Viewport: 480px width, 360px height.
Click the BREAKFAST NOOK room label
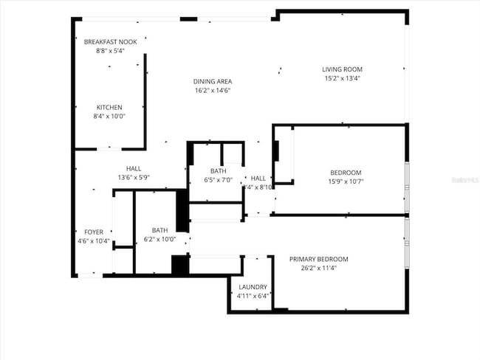(x=110, y=42)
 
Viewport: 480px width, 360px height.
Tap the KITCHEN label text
(x=109, y=108)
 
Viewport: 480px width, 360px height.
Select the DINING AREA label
(x=213, y=82)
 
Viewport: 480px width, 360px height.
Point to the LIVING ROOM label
(x=342, y=70)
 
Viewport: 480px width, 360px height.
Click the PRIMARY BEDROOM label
(x=318, y=260)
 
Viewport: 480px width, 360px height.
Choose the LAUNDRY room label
(x=253, y=287)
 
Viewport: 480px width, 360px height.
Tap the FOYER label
(x=94, y=232)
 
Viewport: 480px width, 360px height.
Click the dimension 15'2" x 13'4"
(x=342, y=78)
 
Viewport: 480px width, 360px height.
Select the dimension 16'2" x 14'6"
(x=213, y=90)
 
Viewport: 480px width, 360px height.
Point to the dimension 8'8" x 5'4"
(x=110, y=51)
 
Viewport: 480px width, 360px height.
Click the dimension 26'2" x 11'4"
(x=318, y=269)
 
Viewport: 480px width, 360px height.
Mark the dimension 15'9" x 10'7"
(x=346, y=181)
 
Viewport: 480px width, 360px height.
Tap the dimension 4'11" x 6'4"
(x=253, y=296)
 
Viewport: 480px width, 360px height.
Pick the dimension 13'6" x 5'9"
(x=134, y=177)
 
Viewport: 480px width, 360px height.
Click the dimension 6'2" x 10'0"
(x=160, y=239)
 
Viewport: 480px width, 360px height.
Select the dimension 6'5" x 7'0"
(x=217, y=179)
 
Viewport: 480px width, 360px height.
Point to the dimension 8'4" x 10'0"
(x=109, y=116)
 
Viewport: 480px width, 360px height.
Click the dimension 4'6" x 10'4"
(x=94, y=240)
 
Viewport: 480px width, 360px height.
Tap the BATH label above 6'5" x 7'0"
(x=217, y=171)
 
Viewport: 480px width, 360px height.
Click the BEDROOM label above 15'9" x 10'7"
(x=346, y=173)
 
